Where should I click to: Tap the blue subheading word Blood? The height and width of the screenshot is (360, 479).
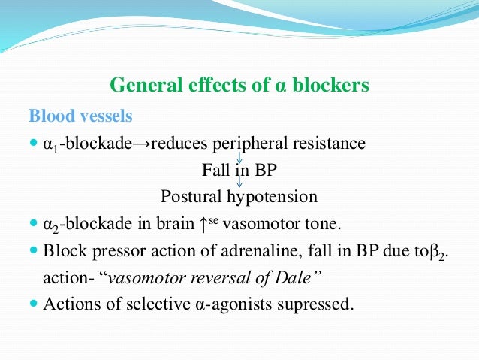50,117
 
